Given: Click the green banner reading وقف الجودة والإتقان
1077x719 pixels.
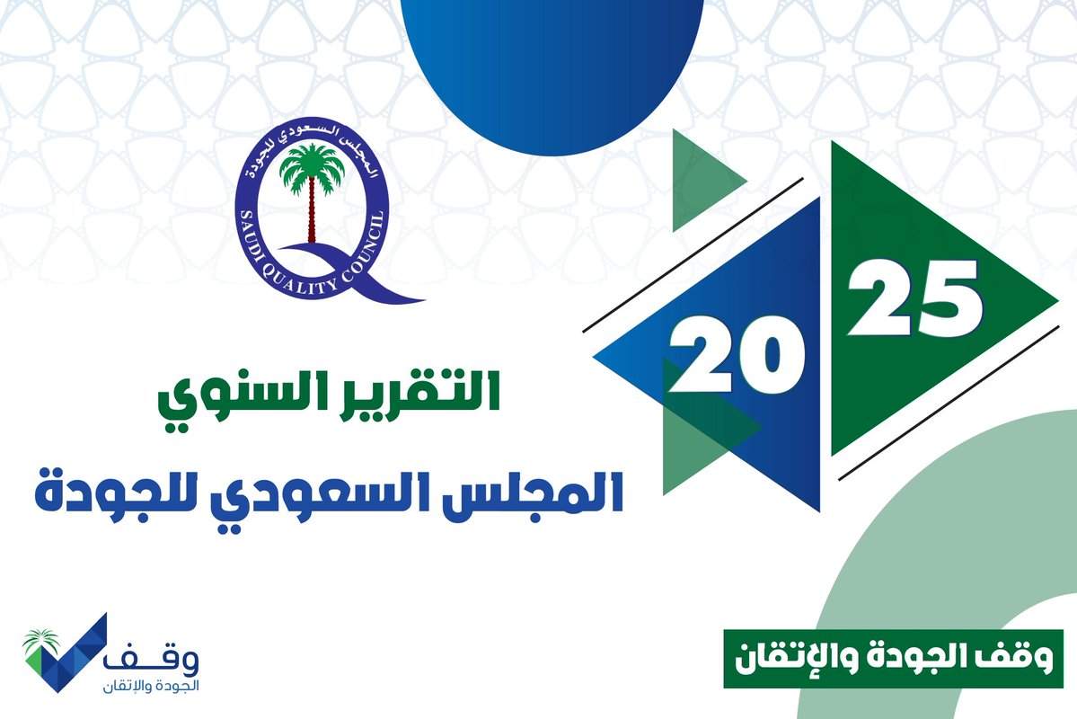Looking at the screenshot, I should coord(893,660).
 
